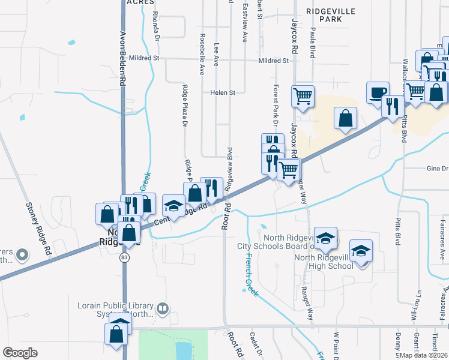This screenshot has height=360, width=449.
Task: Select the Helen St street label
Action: click(x=222, y=93)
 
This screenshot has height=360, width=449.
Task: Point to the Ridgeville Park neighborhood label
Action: click(x=330, y=15)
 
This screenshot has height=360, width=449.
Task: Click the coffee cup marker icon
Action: click(x=377, y=92)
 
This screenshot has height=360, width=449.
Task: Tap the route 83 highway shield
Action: click(x=124, y=257)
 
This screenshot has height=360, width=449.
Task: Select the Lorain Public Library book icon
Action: click(x=163, y=308)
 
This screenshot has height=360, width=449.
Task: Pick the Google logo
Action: click(x=20, y=352)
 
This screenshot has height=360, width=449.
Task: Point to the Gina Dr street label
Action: click(x=437, y=169)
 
